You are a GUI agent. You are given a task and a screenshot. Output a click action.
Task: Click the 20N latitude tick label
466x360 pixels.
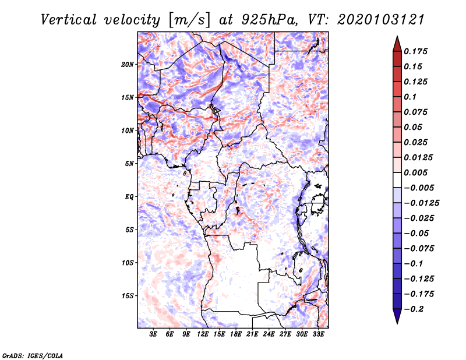coord(128,65)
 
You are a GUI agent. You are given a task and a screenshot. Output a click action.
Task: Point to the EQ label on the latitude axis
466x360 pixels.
coord(129,197)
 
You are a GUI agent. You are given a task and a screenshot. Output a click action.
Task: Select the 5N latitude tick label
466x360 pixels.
coord(129,164)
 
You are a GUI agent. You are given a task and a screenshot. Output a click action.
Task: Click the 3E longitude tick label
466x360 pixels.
coord(153,334)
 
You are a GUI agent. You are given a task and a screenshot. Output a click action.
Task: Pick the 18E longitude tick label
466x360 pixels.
coord(235,334)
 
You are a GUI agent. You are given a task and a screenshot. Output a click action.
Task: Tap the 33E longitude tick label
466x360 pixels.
coord(318,334)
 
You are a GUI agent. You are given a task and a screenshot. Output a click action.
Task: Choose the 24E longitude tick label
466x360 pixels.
coord(269,334)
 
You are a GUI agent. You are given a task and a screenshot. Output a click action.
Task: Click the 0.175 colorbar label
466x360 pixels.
coord(415,51)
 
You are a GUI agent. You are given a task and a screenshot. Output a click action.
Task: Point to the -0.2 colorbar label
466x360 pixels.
coord(414,309)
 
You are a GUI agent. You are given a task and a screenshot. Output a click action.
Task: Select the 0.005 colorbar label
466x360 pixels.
coord(415,172)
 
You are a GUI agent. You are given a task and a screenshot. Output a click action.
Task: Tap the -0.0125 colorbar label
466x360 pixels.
coord(421,203)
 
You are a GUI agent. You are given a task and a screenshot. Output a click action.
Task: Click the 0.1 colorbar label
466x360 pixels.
coord(410,97)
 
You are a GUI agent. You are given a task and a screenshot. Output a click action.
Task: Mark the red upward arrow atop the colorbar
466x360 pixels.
coord(397,44)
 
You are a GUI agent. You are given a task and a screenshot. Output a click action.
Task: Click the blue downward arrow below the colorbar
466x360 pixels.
coord(397,316)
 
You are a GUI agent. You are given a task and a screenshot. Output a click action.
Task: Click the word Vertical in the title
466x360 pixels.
coord(69,20)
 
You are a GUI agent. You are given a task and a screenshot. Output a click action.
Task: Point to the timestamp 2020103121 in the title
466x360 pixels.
coord(381,20)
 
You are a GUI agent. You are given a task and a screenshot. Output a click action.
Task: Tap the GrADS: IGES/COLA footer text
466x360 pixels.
coord(33,356)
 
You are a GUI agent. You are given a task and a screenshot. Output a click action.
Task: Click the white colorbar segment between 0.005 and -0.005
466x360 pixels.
coord(397,180)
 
